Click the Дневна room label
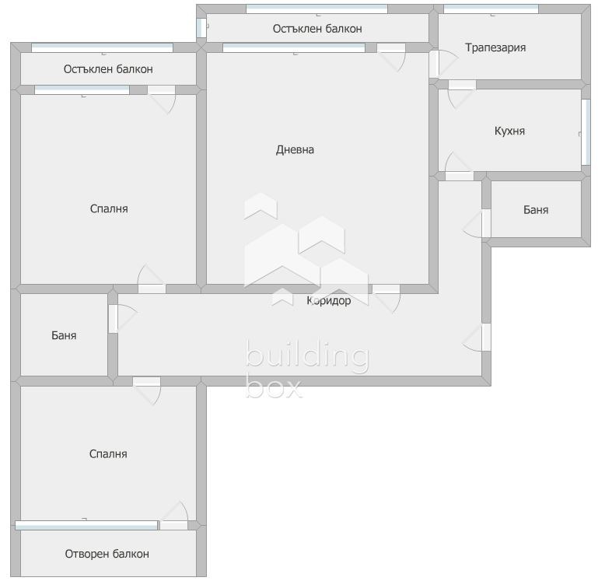click(x=295, y=149)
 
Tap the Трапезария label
click(x=495, y=47)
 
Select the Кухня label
click(x=509, y=131)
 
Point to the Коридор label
click(x=329, y=301)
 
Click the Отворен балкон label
click(x=107, y=554)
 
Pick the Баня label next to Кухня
click(x=536, y=210)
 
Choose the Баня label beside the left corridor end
click(x=64, y=335)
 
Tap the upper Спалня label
click(x=109, y=208)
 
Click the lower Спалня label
click(x=108, y=453)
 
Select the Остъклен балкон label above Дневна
click(x=317, y=29)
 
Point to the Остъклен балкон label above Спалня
click(x=108, y=69)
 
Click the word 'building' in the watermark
click(x=307, y=355)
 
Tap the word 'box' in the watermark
click(x=274, y=387)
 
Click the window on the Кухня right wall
click(x=586, y=132)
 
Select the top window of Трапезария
click(x=491, y=9)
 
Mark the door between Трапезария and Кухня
click(x=461, y=94)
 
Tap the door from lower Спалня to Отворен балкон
click(x=174, y=515)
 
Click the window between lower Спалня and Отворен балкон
click(x=86, y=526)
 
